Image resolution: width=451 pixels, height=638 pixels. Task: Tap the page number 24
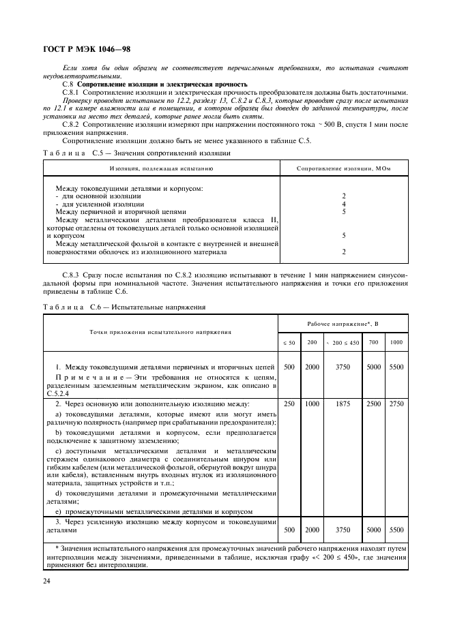click(47, 581)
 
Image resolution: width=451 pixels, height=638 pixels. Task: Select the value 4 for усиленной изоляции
click(344, 204)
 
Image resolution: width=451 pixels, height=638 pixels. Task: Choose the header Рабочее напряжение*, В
click(343, 324)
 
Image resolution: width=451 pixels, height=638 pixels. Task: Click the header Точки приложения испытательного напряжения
click(160, 332)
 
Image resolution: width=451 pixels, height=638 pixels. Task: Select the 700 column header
click(374, 341)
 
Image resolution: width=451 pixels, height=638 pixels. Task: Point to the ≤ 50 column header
click(289, 342)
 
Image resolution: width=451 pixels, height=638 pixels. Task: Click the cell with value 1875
click(343, 404)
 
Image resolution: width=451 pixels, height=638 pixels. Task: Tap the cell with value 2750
click(396, 404)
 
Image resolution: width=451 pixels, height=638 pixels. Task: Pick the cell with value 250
click(289, 404)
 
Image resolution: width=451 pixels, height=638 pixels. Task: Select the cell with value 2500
click(374, 404)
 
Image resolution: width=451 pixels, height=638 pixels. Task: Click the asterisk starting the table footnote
click(56, 548)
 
